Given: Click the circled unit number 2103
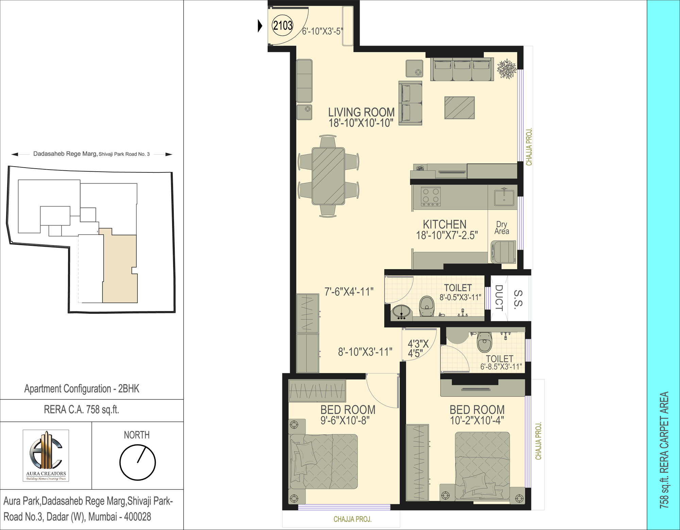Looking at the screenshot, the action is pos(283,25).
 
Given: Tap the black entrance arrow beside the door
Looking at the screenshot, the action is pos(260,26).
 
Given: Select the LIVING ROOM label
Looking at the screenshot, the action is pos(361,112).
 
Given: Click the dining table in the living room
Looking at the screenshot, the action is pos(328,176).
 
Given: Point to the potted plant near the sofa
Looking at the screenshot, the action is pos(507,69).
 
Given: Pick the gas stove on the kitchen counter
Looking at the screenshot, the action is pos(431,196).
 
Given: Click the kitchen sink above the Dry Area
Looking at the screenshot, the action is pos(504,197).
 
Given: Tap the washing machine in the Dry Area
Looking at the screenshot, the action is pos(504,252).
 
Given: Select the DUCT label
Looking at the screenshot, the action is pos(499,298).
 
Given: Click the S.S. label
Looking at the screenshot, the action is pos(518,299).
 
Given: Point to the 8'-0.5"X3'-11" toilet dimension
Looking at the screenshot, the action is pos(460,297).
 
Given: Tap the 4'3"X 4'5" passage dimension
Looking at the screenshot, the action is pos(418,348).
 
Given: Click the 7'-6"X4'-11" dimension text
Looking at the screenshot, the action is pos(349,292).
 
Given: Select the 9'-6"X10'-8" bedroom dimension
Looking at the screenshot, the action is pos(345,421).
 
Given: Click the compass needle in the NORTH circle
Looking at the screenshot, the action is pos(141,455).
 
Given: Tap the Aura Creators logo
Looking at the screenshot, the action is pos(46,456).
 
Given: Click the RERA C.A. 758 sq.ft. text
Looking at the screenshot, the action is pos(82,410).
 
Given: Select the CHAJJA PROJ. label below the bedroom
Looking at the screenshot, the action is pos(353,519).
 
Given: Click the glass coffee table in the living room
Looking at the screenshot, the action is pos(459,108).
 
